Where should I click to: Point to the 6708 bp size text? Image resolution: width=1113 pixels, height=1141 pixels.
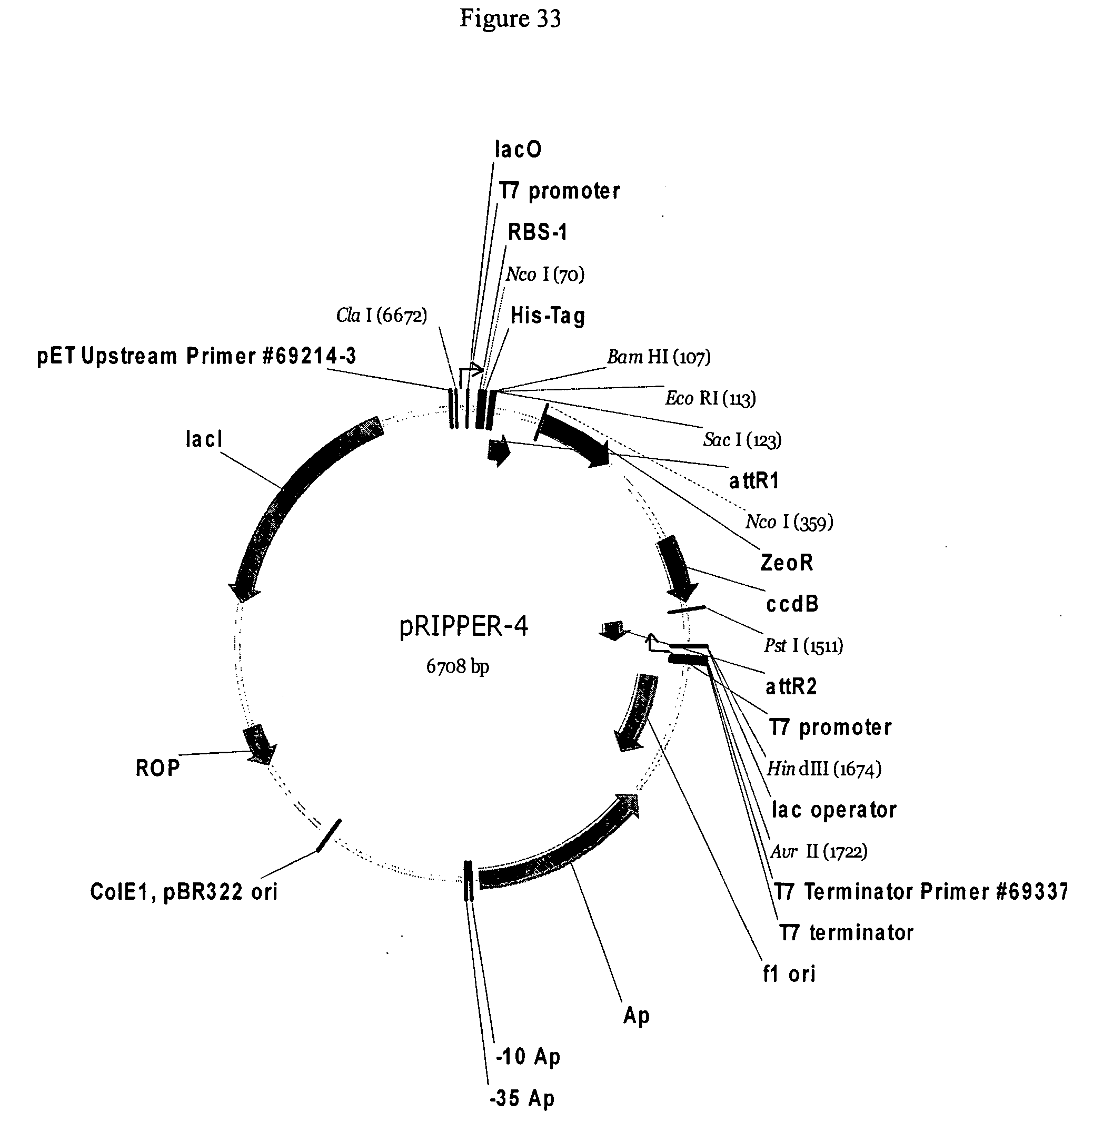pos(458,666)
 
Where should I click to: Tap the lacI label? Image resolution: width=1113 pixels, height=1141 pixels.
pos(204,439)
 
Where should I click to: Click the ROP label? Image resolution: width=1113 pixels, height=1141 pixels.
pos(158,768)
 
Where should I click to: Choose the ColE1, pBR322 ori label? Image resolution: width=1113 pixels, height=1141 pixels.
pos(184,892)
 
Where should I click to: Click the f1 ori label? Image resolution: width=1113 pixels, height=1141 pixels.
pos(789,973)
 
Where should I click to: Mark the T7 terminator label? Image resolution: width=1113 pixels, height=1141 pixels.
pos(847,933)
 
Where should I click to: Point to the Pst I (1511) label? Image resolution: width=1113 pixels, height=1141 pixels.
pos(804,646)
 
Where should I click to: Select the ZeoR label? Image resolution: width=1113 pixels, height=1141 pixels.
pos(787,563)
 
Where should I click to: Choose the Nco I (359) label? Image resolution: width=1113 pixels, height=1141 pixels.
pos(789,522)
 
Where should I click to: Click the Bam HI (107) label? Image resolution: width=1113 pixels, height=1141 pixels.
pos(659,357)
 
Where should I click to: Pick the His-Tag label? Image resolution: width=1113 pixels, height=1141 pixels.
pos(548,317)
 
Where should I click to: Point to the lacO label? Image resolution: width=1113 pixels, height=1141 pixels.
pos(518,149)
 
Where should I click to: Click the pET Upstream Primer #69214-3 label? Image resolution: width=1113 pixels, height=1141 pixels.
pos(196,356)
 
